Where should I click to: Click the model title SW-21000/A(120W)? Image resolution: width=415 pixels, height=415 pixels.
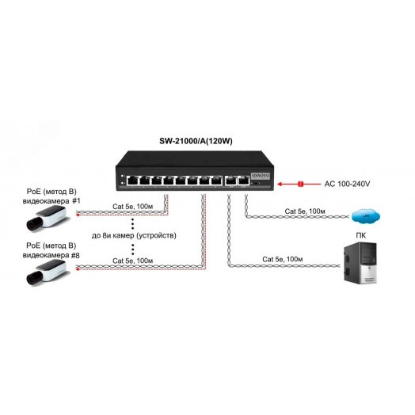click(x=200, y=142)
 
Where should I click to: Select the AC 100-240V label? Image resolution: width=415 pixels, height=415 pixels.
click(x=347, y=185)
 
